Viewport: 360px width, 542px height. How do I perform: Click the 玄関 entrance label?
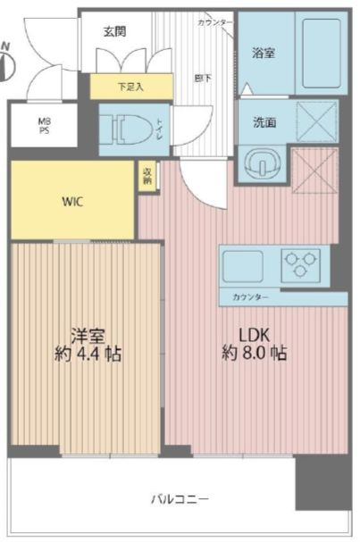(x=113, y=31)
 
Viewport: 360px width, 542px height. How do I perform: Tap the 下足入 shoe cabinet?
(x=130, y=87)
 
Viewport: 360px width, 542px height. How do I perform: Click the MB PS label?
(x=44, y=126)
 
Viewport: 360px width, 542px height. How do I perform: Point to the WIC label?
(x=72, y=200)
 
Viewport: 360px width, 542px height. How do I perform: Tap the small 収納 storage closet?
(x=147, y=176)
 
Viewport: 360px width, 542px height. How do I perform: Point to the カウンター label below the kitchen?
(x=249, y=296)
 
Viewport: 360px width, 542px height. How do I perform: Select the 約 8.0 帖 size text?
(x=255, y=353)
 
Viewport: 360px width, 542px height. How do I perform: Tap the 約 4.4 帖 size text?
(x=88, y=354)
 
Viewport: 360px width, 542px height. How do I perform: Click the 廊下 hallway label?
(x=202, y=78)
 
